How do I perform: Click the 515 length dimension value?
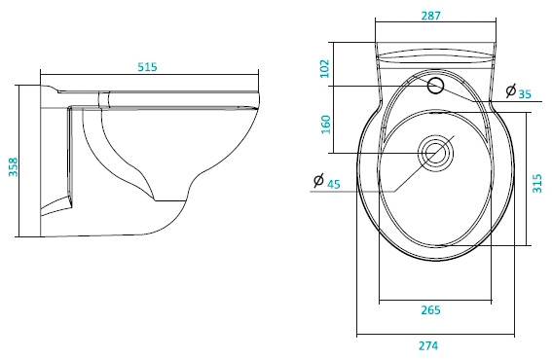(x=147, y=66)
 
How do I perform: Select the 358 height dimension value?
(x=13, y=167)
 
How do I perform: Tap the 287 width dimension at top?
(x=430, y=16)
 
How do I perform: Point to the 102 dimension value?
(x=325, y=69)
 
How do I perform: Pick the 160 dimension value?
(x=326, y=125)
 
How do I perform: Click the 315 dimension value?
(x=537, y=183)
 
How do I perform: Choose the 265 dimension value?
(x=430, y=310)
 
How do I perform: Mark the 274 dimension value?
(x=428, y=345)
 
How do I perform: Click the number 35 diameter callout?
(x=525, y=94)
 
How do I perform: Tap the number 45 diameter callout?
(x=334, y=184)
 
